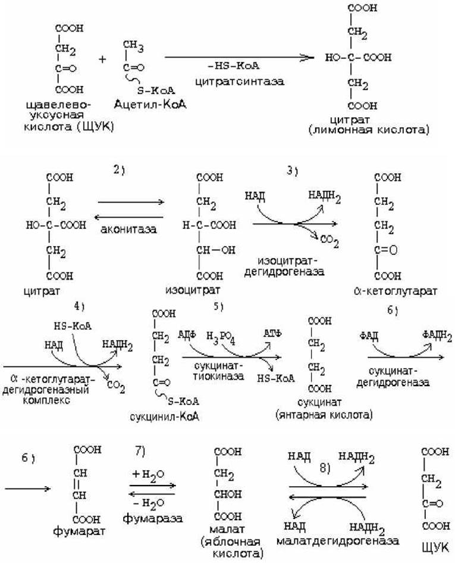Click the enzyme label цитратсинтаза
pyautogui.click(x=240, y=82)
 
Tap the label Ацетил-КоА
pyautogui.click(x=150, y=104)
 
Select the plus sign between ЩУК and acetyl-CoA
pyautogui.click(x=102, y=59)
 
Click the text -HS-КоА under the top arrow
pyautogui.click(x=233, y=66)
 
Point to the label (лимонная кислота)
pyautogui.click(x=369, y=130)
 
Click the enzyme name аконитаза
pyautogui.click(x=128, y=229)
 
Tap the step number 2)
pyautogui.click(x=120, y=170)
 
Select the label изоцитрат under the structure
pyautogui.click(x=193, y=290)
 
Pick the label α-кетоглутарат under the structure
pyautogui.click(x=395, y=291)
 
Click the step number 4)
pyautogui.click(x=79, y=306)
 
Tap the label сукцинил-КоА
pyautogui.click(x=165, y=416)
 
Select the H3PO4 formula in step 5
pyautogui.click(x=221, y=337)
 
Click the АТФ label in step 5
pyautogui.click(x=272, y=333)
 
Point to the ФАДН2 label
pyautogui.click(x=437, y=336)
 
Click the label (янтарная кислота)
pyautogui.click(x=324, y=415)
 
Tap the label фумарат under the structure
pyautogui.click(x=79, y=531)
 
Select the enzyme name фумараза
pyautogui.click(x=152, y=518)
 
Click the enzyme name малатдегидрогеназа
pyautogui.click(x=337, y=541)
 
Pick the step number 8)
pyautogui.click(x=325, y=468)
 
